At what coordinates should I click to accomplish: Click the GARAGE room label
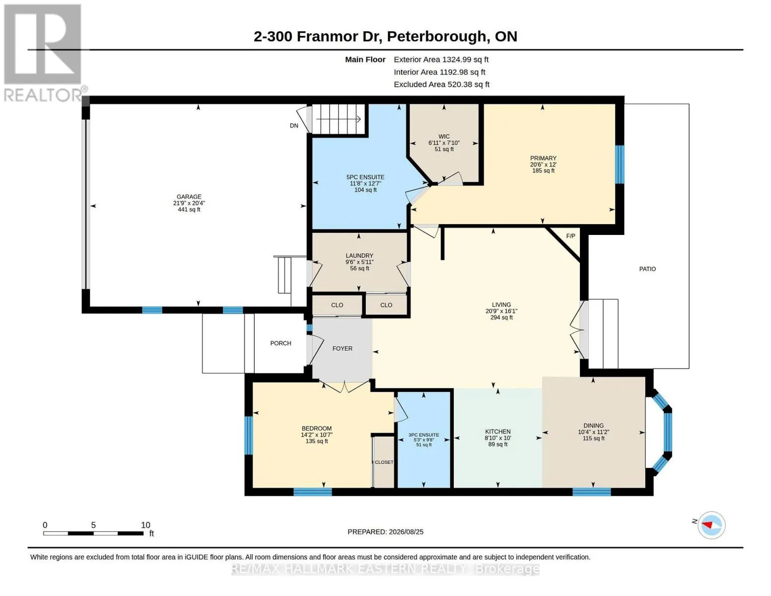click(189, 197)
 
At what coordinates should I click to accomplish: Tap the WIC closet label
click(443, 137)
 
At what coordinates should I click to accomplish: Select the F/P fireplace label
click(570, 236)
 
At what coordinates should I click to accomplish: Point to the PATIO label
click(647, 269)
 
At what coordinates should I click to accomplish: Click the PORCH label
click(280, 343)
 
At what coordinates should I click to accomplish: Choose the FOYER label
click(343, 349)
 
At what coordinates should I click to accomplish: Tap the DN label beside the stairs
click(294, 126)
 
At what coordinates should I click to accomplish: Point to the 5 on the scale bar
click(93, 525)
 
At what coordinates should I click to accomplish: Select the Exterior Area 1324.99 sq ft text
click(441, 60)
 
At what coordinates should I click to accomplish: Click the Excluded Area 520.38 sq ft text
click(441, 84)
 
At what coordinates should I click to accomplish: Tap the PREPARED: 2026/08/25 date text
click(385, 532)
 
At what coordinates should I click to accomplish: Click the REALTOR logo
click(43, 53)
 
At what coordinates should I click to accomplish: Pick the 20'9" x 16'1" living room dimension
click(501, 311)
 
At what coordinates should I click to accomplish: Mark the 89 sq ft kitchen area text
click(498, 444)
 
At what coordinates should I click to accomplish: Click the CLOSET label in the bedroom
click(384, 462)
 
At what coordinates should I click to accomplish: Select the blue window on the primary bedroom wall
click(620, 164)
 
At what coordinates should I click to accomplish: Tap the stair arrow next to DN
click(339, 119)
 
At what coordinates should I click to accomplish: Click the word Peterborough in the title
click(436, 37)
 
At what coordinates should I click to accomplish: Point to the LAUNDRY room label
click(359, 256)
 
